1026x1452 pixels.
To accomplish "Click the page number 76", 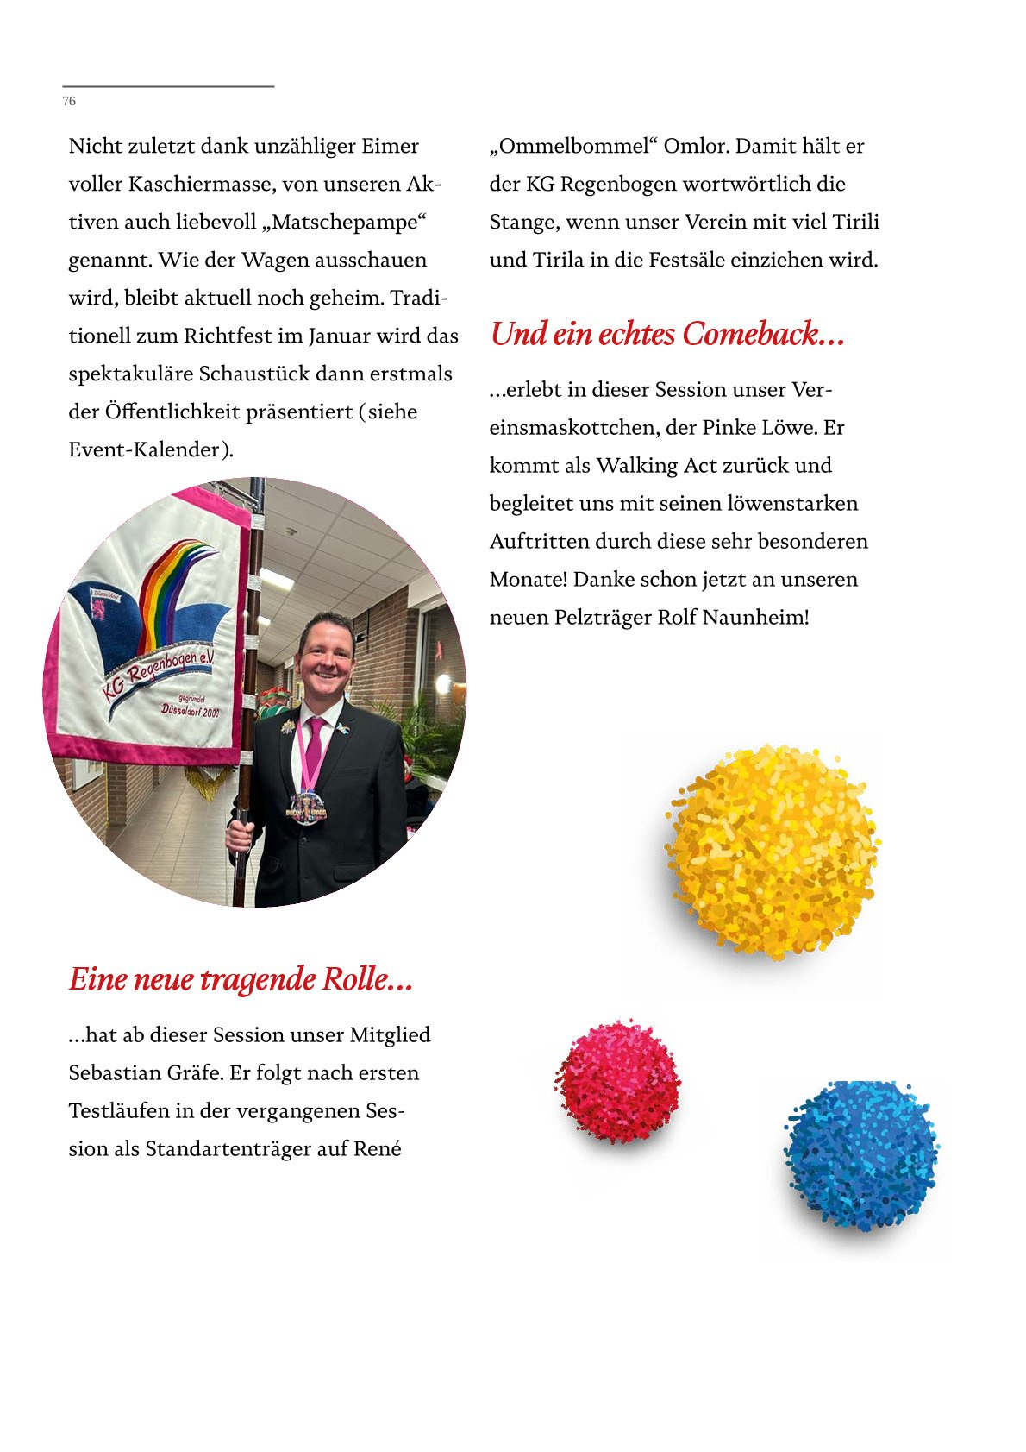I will point(69,102).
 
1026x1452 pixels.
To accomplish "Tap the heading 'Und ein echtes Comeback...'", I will point(666,334).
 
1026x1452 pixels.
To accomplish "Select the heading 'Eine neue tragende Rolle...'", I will point(241,979).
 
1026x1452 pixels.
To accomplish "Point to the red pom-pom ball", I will point(617,1082).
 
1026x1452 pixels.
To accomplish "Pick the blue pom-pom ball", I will point(860,1154).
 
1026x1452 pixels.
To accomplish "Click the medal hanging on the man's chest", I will point(307,808).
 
